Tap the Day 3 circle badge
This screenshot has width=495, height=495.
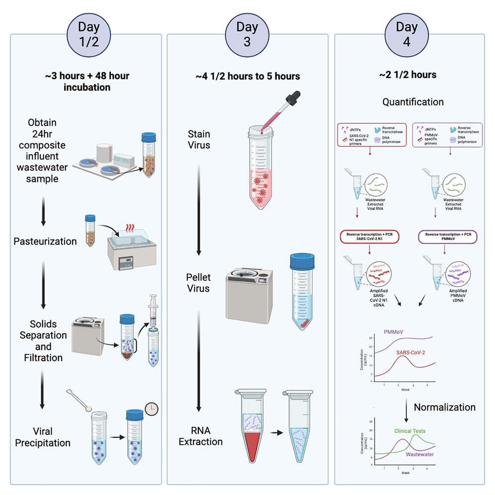point(247,34)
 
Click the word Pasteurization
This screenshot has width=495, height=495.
point(45,242)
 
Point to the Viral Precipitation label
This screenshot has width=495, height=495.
point(43,437)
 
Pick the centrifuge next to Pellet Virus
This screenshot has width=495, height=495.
point(253,293)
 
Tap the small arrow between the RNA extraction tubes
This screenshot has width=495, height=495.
point(274,432)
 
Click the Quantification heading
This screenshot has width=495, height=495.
point(412,102)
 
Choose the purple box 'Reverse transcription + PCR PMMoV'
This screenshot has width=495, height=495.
point(447,237)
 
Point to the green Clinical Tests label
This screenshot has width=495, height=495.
point(410,431)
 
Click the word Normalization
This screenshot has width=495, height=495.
point(444,407)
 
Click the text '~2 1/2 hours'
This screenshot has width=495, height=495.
point(408,75)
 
